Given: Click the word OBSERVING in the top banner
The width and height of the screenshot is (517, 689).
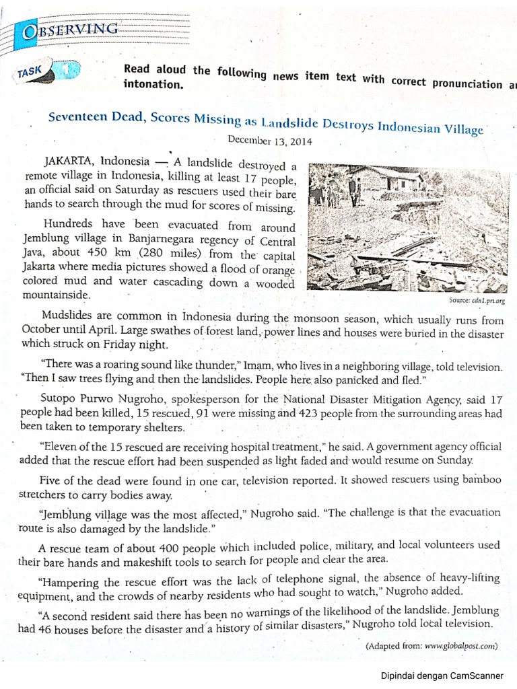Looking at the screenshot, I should click(70, 30).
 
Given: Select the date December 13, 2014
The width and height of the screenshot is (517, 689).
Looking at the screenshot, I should click(269, 141).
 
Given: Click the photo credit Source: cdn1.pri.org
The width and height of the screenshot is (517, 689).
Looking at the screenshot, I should click(477, 301).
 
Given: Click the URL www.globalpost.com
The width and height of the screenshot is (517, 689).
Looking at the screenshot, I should click(461, 645).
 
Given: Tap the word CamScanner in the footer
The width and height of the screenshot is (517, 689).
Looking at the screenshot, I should click(482, 675).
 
